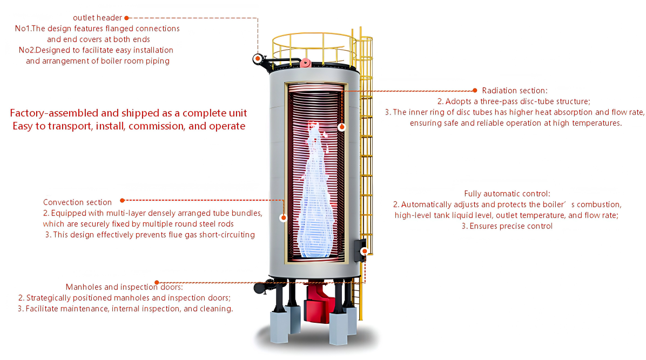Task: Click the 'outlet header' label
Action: click(x=97, y=18)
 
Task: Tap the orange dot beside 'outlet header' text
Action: click(x=127, y=18)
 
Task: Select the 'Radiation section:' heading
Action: click(x=515, y=91)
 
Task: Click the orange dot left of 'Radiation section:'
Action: click(x=475, y=90)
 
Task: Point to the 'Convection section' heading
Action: click(x=77, y=202)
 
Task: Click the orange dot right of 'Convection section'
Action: click(x=123, y=200)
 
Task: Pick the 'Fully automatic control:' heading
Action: click(x=507, y=194)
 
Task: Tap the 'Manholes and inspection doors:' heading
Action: click(x=124, y=287)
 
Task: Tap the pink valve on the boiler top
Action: click(x=305, y=63)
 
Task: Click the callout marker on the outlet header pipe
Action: click(x=258, y=58)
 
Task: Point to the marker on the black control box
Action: click(x=364, y=251)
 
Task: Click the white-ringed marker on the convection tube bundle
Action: click(x=283, y=218)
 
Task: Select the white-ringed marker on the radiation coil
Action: click(x=341, y=127)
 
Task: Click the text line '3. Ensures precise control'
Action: click(x=507, y=226)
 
